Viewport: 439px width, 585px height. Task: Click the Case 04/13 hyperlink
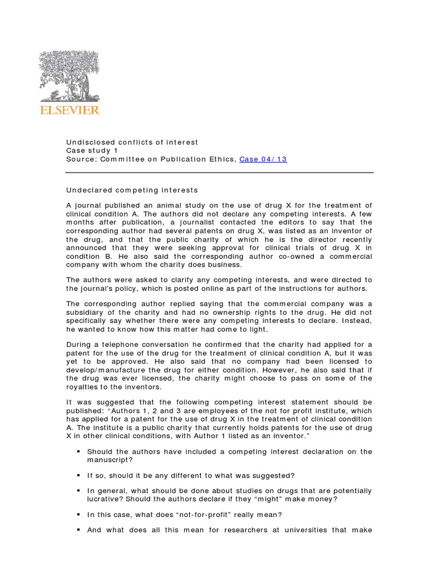(x=263, y=159)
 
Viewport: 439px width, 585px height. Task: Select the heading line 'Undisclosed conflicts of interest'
(x=132, y=142)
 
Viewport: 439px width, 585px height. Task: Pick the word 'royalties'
(x=85, y=386)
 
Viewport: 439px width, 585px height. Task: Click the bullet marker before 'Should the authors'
(x=78, y=451)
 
